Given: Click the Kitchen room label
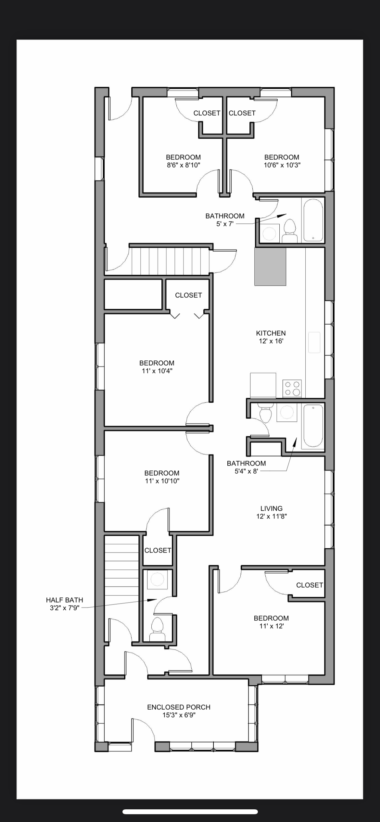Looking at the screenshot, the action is click(271, 333).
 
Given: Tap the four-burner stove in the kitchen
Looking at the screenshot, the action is click(292, 388).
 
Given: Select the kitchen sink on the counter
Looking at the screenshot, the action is click(314, 342).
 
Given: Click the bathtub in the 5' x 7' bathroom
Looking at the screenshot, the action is click(313, 220).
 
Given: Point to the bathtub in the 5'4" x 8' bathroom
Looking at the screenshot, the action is click(313, 425).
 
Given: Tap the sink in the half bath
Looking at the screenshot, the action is click(157, 579).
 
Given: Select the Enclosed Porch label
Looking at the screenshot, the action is click(179, 707).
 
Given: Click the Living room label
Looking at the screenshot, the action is click(272, 508).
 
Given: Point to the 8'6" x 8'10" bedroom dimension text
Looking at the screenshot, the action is click(184, 165).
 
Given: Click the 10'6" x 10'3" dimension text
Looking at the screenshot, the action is click(282, 165).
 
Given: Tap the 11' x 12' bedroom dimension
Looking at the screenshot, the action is click(272, 626).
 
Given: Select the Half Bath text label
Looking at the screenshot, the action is click(65, 600).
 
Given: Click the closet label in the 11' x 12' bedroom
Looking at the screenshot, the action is click(310, 585).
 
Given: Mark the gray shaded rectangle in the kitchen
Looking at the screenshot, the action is click(270, 267).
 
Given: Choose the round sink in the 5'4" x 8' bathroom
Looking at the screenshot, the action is click(287, 412).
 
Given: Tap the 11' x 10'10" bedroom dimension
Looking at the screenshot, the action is click(162, 481).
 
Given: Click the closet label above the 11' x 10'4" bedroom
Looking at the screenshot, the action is click(188, 295).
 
